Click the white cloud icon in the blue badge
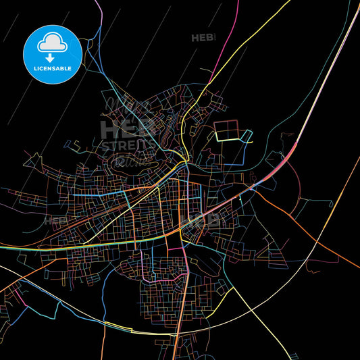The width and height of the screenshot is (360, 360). (52, 43)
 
